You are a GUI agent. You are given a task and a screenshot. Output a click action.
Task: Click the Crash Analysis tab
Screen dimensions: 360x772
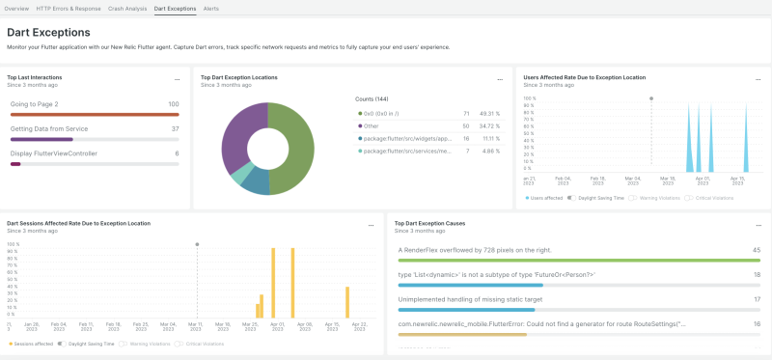(x=128, y=8)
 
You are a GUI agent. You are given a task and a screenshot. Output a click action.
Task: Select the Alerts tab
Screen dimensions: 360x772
(x=211, y=8)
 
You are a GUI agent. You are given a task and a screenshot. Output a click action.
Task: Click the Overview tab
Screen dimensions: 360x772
(x=17, y=8)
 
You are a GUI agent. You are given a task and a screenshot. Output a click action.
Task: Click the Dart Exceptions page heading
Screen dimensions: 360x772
(x=48, y=32)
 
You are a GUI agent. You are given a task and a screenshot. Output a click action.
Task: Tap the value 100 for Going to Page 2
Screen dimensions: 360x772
(x=173, y=104)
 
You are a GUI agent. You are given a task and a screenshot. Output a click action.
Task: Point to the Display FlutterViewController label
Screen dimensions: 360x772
(x=54, y=153)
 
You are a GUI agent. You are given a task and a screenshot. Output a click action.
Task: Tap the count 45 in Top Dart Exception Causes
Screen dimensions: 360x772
(x=756, y=249)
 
